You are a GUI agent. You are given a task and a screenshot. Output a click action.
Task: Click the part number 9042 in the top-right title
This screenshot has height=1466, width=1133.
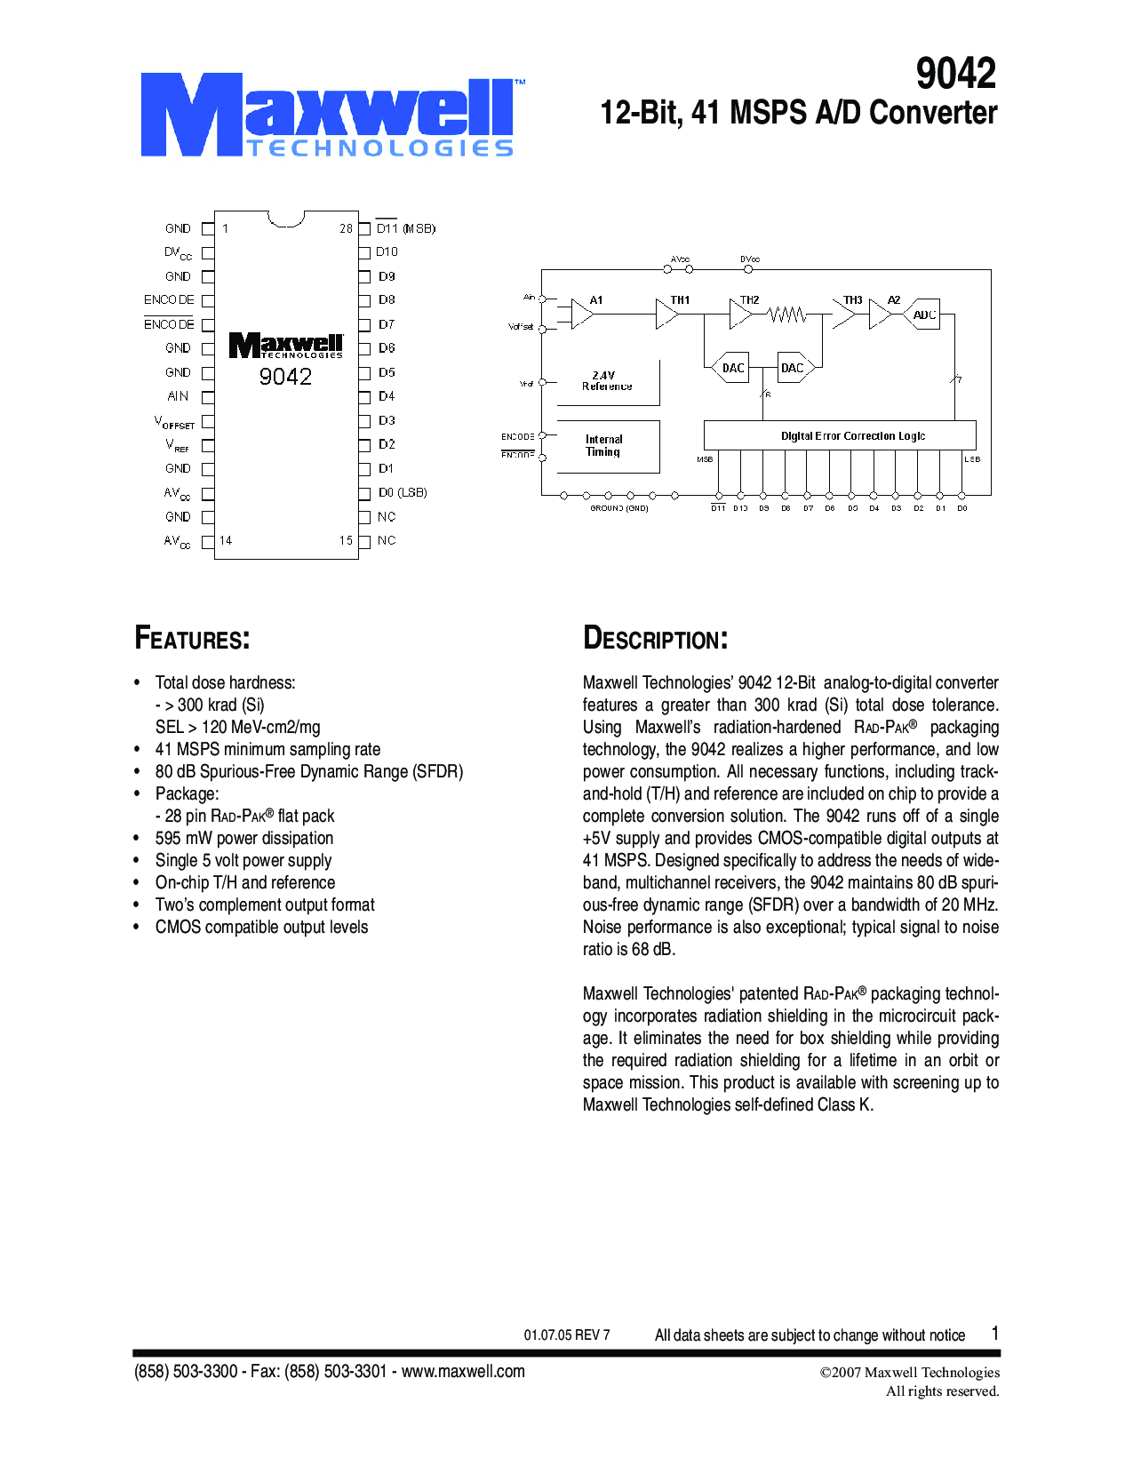tap(955, 74)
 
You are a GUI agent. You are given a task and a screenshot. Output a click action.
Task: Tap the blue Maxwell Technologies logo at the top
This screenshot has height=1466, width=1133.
tap(328, 116)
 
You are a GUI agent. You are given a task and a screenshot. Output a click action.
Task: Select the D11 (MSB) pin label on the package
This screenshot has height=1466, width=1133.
tap(405, 228)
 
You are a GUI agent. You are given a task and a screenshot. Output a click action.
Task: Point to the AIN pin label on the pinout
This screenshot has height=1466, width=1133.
tap(178, 396)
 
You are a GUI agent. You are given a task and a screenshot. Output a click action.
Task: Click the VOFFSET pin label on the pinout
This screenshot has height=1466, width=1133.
tap(174, 422)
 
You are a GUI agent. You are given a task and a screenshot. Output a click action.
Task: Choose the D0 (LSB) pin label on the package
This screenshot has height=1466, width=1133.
tap(403, 492)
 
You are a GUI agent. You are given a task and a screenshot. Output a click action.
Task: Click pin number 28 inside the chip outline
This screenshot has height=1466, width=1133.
tap(346, 228)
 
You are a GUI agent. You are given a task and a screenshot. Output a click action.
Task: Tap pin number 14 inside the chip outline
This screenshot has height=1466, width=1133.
tap(226, 540)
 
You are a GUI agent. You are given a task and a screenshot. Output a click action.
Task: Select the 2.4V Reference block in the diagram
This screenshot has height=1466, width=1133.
tap(608, 381)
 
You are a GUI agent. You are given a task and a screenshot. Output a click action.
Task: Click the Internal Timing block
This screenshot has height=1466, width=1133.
tap(604, 445)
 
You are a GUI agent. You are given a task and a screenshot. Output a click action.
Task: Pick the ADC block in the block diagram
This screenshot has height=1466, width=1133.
tap(924, 315)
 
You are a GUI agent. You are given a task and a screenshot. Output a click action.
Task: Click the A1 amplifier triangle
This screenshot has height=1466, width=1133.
tap(582, 314)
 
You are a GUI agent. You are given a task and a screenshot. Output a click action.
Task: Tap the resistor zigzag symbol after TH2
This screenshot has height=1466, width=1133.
tap(787, 315)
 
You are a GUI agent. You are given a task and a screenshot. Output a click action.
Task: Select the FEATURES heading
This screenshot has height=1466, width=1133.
tap(192, 639)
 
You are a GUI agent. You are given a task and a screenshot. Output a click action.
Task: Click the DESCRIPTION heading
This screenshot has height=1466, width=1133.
tap(655, 639)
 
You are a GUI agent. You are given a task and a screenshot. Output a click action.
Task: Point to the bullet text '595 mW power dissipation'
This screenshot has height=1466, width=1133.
tap(244, 838)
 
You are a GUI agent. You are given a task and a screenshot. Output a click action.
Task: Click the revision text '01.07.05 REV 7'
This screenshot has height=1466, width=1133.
tap(567, 1335)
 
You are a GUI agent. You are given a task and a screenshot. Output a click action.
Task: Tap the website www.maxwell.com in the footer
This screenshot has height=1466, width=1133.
tap(463, 1371)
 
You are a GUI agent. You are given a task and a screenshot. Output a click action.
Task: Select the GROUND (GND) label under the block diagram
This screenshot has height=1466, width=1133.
tap(619, 508)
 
